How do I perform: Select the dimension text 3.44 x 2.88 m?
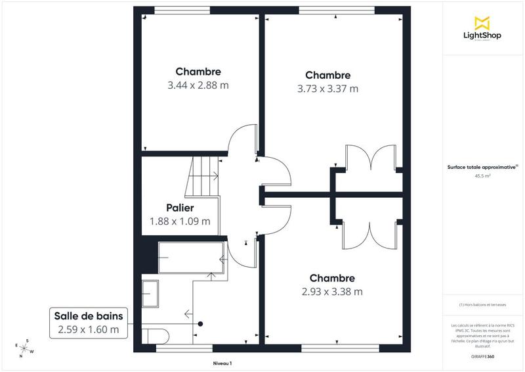pos(198,85)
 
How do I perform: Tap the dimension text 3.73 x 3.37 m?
pos(327,89)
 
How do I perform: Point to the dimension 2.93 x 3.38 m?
pos(332,291)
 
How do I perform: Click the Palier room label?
pos(180,208)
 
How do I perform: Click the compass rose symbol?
pos(25,347)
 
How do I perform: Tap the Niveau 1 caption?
pos(222,363)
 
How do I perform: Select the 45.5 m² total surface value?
pos(483,176)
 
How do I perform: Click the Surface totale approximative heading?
pos(482,168)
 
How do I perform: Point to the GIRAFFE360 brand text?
pos(483,356)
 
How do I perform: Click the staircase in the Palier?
pos(204,176)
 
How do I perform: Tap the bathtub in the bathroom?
pos(191,258)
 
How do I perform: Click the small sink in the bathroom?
pos(150,292)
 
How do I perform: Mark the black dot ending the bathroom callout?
pos(201,323)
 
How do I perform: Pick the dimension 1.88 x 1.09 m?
pos(180,221)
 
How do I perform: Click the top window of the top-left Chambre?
pos(182,10)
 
